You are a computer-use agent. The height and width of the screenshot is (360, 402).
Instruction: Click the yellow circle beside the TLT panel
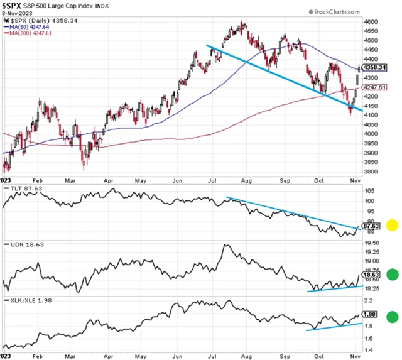coord(391,225)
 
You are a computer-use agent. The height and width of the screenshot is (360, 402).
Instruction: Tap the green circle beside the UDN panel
coord(391,274)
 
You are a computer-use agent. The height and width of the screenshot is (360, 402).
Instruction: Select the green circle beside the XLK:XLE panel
coord(391,318)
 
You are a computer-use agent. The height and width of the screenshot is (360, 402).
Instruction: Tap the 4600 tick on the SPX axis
coord(371,21)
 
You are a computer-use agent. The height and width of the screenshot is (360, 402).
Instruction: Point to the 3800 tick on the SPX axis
coord(371,172)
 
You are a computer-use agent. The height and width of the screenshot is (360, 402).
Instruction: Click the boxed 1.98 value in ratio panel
coord(371,314)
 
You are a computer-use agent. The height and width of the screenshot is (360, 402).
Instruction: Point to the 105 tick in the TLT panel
coord(369,190)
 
